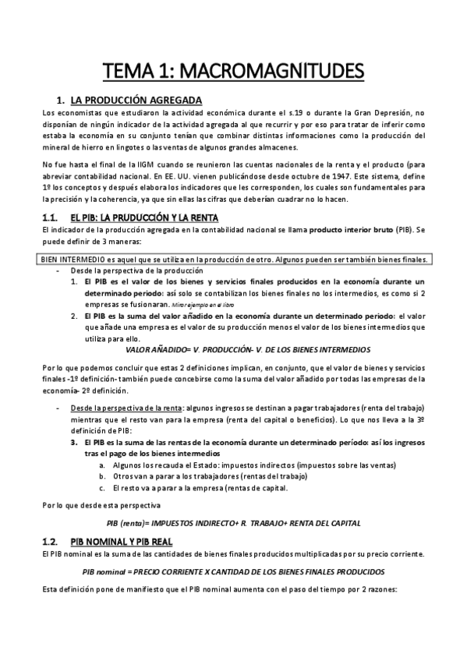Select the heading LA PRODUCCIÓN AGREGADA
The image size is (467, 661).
point(136,101)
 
